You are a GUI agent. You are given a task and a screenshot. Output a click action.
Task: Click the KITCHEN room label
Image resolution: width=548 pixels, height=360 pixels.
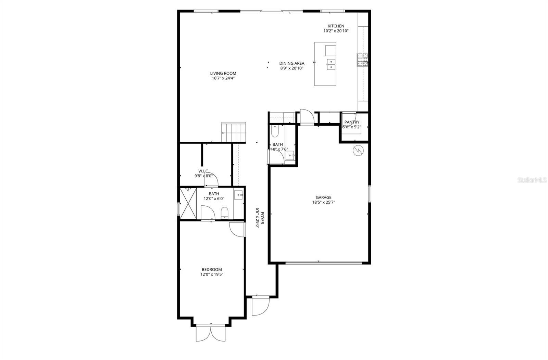[x=336, y=26]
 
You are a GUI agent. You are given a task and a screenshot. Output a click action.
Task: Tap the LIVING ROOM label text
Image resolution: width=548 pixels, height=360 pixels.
[x=223, y=73]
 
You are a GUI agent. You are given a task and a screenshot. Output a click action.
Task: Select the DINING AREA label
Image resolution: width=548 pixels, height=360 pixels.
[x=291, y=63]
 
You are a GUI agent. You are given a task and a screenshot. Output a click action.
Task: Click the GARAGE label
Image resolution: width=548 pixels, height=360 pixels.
[x=323, y=197]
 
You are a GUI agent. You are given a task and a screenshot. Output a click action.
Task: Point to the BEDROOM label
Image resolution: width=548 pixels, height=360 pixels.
[x=212, y=269]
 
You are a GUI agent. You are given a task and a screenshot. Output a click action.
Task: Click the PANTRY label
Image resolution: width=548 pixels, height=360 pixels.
[x=352, y=122]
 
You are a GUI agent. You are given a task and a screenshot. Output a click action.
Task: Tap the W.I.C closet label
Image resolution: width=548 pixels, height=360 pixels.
[x=203, y=171]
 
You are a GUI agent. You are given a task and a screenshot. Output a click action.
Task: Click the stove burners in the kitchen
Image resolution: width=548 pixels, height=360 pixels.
[x=363, y=60]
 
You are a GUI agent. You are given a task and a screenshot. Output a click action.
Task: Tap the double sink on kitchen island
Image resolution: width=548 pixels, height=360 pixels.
[x=331, y=64]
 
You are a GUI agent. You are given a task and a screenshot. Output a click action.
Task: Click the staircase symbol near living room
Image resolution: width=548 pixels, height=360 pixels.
[x=234, y=132]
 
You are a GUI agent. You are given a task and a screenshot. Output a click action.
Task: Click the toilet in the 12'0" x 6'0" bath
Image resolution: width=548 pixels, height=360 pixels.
[x=225, y=213]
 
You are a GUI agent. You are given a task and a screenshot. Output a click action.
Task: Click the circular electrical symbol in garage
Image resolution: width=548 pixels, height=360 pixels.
[x=358, y=150]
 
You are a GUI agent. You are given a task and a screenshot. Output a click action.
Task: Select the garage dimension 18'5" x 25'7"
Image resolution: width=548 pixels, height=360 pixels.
[x=323, y=202]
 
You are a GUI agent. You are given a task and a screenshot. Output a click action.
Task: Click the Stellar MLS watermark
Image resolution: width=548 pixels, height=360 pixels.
[x=532, y=180]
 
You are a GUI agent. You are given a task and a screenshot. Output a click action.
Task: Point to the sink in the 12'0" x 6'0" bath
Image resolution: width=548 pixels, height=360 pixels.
[x=238, y=195]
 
